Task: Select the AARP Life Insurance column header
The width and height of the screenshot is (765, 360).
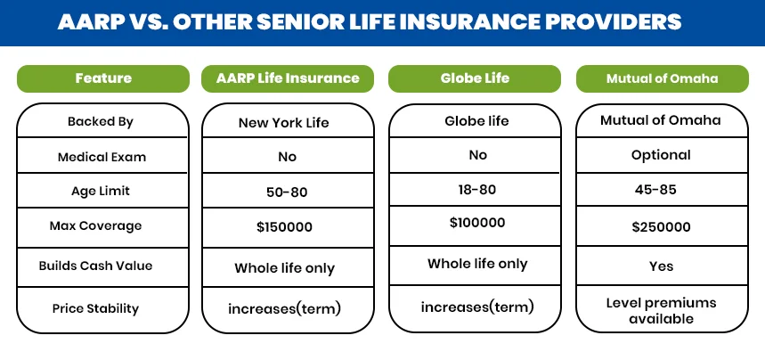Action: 288,78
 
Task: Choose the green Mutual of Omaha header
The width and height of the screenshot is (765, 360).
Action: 661,78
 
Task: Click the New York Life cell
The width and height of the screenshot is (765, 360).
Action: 283,123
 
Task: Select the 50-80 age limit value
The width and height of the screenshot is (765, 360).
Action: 285,192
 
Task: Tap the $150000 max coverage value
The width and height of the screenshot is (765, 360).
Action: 284,227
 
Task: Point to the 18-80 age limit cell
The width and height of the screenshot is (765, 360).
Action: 477,190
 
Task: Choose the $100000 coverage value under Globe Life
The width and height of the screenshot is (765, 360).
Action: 477,223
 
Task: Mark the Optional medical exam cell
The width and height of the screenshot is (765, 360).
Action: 661,155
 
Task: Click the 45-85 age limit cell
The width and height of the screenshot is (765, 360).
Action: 661,191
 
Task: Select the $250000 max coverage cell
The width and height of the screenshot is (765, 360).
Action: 661,227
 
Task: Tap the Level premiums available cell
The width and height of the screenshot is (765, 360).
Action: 661,311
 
